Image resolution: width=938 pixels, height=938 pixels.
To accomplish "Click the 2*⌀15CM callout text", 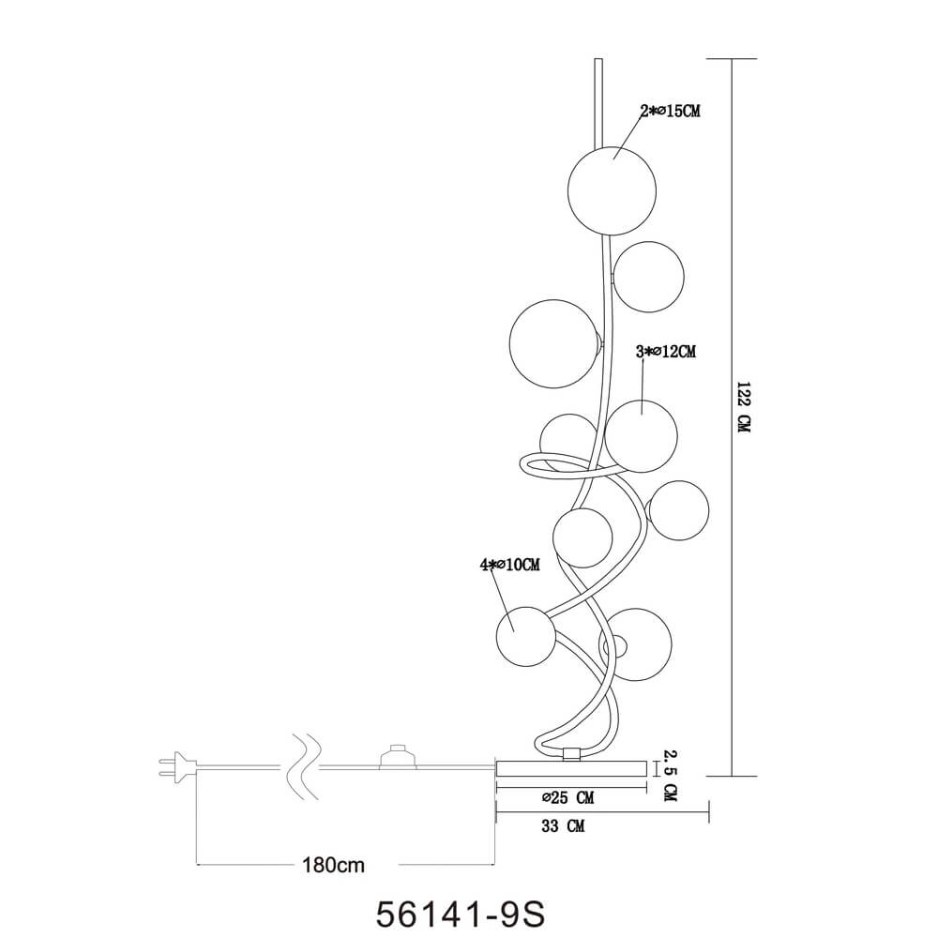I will tap(670, 112).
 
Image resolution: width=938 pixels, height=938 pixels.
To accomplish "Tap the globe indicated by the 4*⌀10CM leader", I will tap(523, 636).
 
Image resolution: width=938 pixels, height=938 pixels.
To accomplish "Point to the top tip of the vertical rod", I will tap(597, 62).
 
